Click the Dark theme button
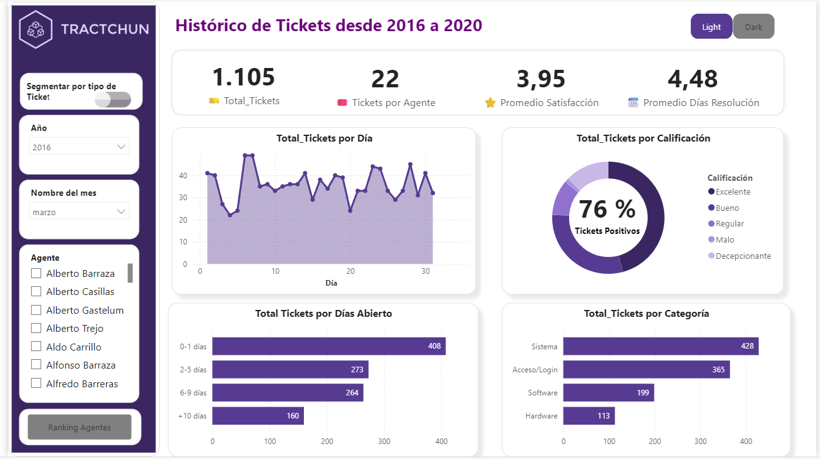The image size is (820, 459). pyautogui.click(x=753, y=27)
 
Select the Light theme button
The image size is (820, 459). pyautogui.click(x=711, y=27)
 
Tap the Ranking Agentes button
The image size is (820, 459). pyautogui.click(x=79, y=427)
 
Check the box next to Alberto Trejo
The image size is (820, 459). pyautogui.click(x=36, y=328)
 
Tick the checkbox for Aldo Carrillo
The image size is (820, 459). pyautogui.click(x=36, y=347)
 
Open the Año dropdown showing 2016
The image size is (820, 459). pyautogui.click(x=80, y=147)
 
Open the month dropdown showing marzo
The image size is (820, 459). pyautogui.click(x=80, y=212)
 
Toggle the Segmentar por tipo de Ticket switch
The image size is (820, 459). pyautogui.click(x=113, y=99)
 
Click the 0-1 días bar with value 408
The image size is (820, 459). pyautogui.click(x=328, y=346)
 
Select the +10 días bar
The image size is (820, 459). pyautogui.click(x=258, y=416)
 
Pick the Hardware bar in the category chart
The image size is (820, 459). pyautogui.click(x=588, y=416)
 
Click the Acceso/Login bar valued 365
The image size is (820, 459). pyautogui.click(x=646, y=369)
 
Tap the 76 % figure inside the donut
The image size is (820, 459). pyautogui.click(x=607, y=210)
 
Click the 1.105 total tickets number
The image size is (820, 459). pyautogui.click(x=243, y=77)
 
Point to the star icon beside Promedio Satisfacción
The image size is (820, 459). pyautogui.click(x=490, y=103)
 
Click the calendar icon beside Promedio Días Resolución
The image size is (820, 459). pyautogui.click(x=633, y=103)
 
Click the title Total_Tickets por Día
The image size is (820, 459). pyautogui.click(x=324, y=138)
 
